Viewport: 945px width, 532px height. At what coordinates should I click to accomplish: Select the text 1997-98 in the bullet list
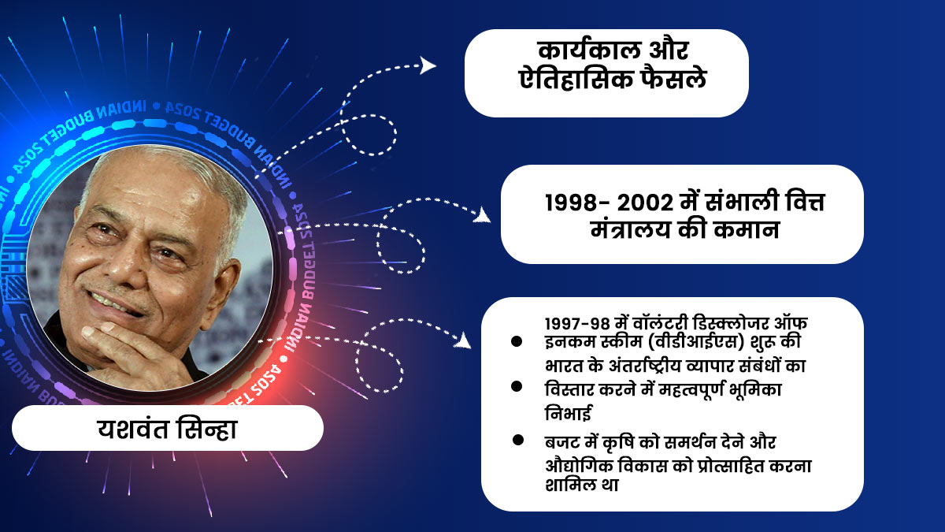pos(573,325)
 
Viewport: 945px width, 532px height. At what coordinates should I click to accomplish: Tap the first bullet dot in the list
pos(517,341)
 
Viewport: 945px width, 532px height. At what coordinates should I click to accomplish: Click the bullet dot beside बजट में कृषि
pos(517,440)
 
